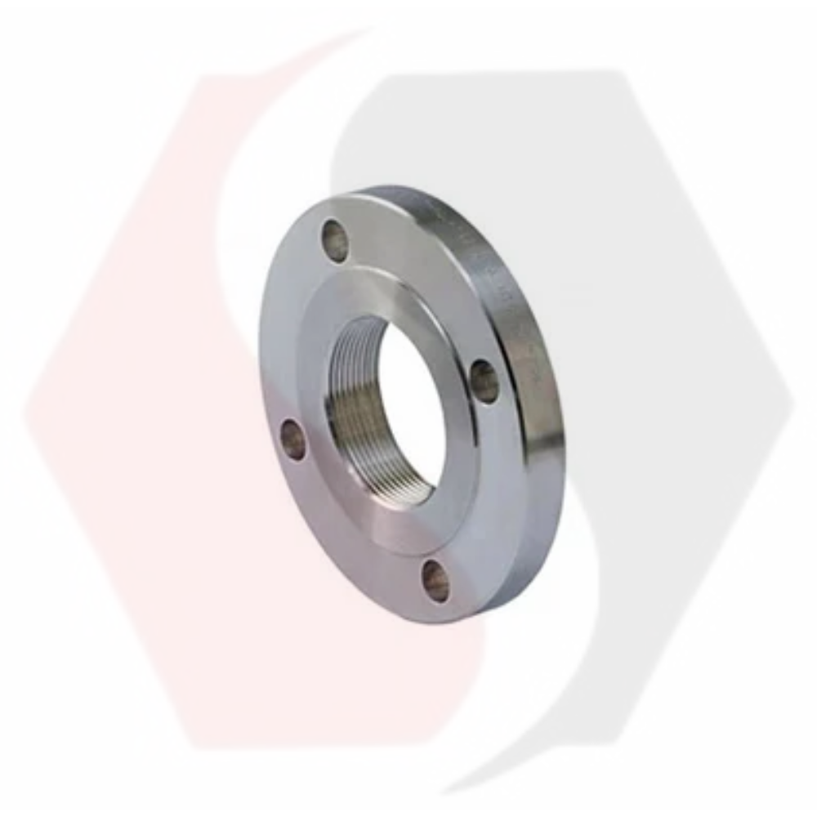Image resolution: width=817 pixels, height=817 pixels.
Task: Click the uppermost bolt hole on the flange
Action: (x=333, y=237)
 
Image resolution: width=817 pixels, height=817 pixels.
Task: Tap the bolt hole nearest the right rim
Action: (x=484, y=381)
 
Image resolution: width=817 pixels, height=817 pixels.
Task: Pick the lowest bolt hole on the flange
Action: (x=435, y=581)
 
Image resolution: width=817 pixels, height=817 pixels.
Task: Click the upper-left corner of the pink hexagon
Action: (x=196, y=78)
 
